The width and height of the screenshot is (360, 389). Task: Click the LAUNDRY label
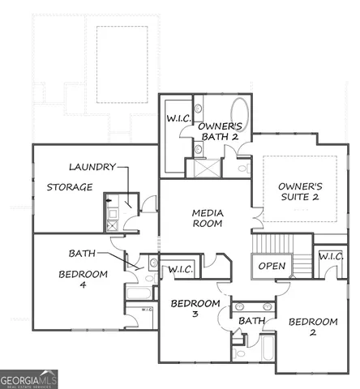[92, 167]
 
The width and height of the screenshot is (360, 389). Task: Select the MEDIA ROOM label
[208, 218]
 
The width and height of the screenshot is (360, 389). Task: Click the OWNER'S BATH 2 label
[221, 132]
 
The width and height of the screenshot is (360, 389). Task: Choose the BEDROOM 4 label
[82, 280]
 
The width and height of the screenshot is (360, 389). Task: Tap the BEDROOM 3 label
[195, 310]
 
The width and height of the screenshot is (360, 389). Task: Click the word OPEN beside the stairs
[272, 266]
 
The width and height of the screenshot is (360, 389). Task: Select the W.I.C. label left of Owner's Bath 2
[178, 118]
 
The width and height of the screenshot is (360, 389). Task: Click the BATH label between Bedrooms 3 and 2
[252, 322]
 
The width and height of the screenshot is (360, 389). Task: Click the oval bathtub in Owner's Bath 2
[241, 113]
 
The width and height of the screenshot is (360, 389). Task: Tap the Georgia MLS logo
[29, 378]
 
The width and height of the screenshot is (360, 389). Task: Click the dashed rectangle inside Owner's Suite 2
[300, 190]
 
